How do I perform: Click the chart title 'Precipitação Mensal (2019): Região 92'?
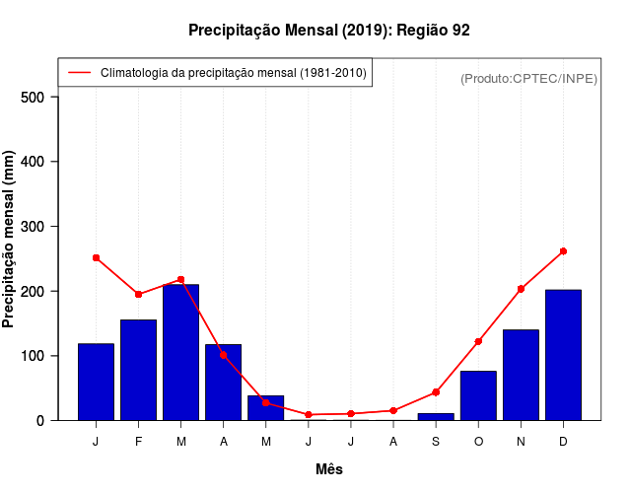328,31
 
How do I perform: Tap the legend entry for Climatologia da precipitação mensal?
216,73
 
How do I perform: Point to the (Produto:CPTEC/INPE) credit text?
528,78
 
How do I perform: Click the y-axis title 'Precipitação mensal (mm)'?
10,240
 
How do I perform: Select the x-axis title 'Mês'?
329,469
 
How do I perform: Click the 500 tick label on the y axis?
33,97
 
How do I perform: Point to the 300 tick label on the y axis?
33,227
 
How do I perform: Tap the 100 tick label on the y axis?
33,356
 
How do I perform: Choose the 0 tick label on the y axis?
40,420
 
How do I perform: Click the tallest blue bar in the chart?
180,352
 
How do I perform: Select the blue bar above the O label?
478,395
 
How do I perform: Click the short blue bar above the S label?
436,416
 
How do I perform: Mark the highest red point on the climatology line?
563,251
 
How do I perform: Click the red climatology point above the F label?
138,294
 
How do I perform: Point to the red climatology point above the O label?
478,341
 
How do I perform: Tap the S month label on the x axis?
436,442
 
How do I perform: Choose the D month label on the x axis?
563,442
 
